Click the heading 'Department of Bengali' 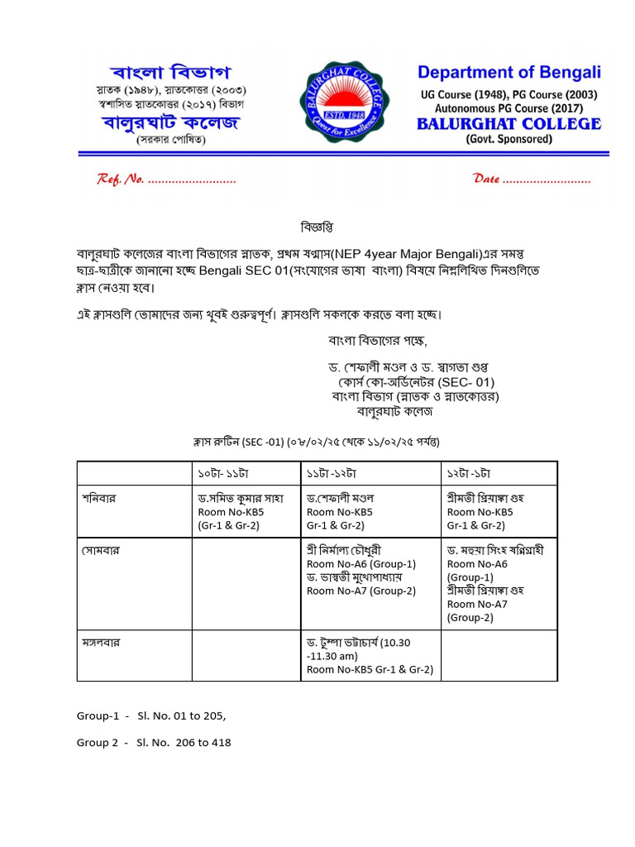pos(508,73)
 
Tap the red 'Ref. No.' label pos(122,179)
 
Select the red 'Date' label pos(486,179)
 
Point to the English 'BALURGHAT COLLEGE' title pos(508,124)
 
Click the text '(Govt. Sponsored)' pos(508,139)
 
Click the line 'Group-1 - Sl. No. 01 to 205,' pos(151,715)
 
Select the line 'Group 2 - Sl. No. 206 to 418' pos(154,743)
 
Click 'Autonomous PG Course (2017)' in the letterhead pos(511,108)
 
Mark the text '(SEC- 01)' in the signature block pos(465,382)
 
